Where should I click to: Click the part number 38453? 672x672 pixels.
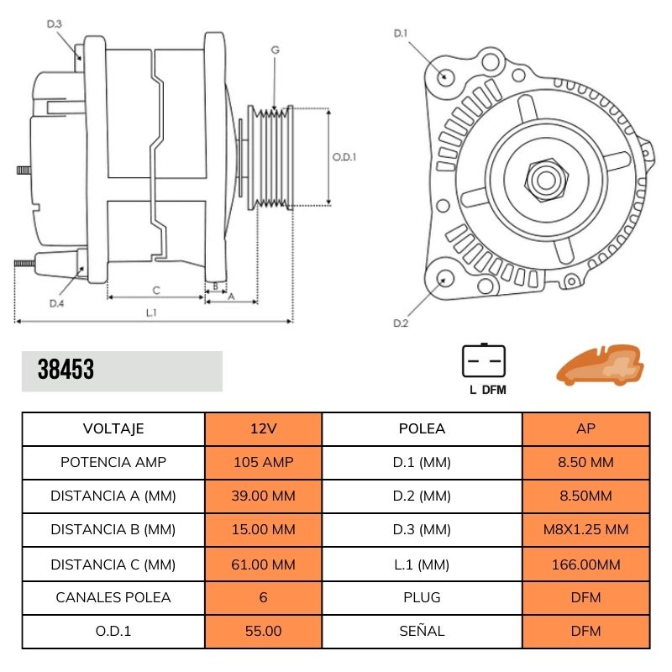click(x=66, y=370)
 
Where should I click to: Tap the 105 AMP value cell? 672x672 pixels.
click(x=263, y=462)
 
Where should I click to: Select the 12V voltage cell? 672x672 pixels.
click(x=263, y=428)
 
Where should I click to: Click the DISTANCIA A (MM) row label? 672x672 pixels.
click(x=113, y=496)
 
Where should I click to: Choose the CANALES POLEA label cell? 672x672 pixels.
click(x=113, y=597)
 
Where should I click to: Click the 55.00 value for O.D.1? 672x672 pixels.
click(x=263, y=631)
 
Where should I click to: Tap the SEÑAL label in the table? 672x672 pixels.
click(x=422, y=631)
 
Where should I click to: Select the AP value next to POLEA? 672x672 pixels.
click(x=586, y=428)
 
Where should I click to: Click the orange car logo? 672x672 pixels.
click(x=600, y=365)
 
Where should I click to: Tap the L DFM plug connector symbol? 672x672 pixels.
click(x=484, y=362)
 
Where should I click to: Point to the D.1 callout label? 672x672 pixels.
click(x=401, y=34)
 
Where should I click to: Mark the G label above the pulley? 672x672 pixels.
click(x=275, y=50)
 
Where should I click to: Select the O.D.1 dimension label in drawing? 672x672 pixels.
click(x=344, y=156)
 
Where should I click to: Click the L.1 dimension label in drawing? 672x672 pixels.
click(x=152, y=312)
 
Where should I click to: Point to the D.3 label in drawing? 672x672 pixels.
click(x=55, y=24)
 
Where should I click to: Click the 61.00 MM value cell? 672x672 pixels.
click(x=263, y=564)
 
